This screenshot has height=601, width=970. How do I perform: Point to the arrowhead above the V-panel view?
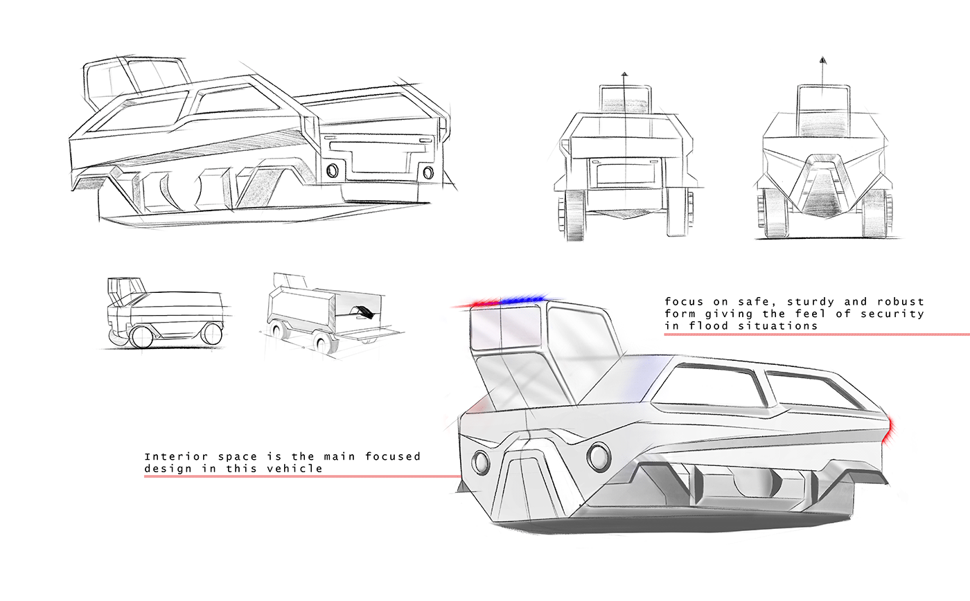(822, 61)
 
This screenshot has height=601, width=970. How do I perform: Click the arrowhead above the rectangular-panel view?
(624, 73)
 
